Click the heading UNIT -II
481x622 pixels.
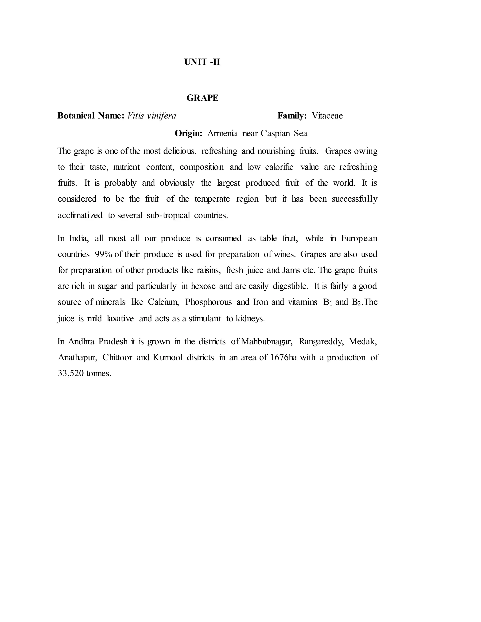(x=202, y=62)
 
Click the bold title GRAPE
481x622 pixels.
(x=202, y=98)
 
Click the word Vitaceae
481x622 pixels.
(x=327, y=116)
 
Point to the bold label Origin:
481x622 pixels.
(x=188, y=133)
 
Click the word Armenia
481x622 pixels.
(x=222, y=133)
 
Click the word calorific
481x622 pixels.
(x=279, y=167)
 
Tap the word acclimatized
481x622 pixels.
(x=80, y=215)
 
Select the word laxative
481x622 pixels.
(x=120, y=319)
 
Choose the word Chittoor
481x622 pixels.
(x=117, y=357)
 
